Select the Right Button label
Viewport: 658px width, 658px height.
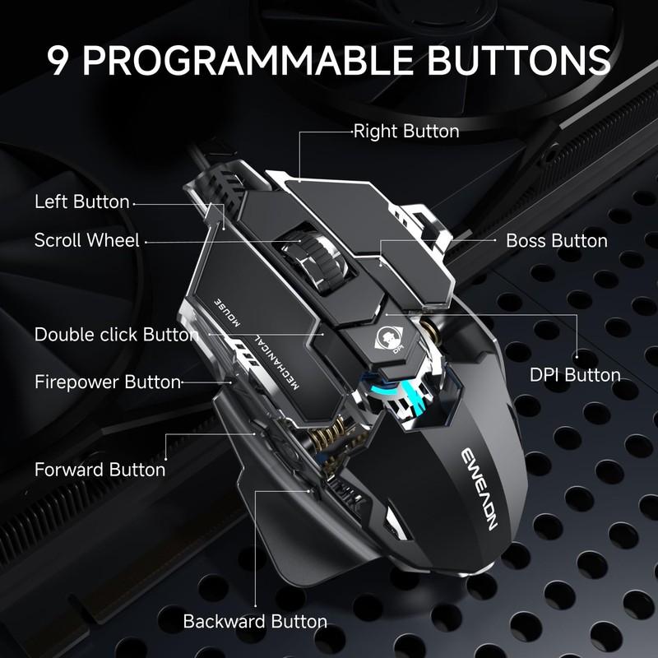pos(405,131)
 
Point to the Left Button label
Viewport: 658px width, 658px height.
pos(81,202)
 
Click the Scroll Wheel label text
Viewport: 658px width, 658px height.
pos(86,240)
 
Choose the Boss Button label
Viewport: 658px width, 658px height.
pos(556,241)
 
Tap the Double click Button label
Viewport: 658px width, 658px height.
pos(116,335)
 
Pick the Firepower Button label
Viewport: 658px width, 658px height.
pos(107,382)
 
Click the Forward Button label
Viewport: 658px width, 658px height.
pos(100,470)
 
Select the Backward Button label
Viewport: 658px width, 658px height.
pos(255,622)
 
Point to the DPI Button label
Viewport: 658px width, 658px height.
pos(574,375)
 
